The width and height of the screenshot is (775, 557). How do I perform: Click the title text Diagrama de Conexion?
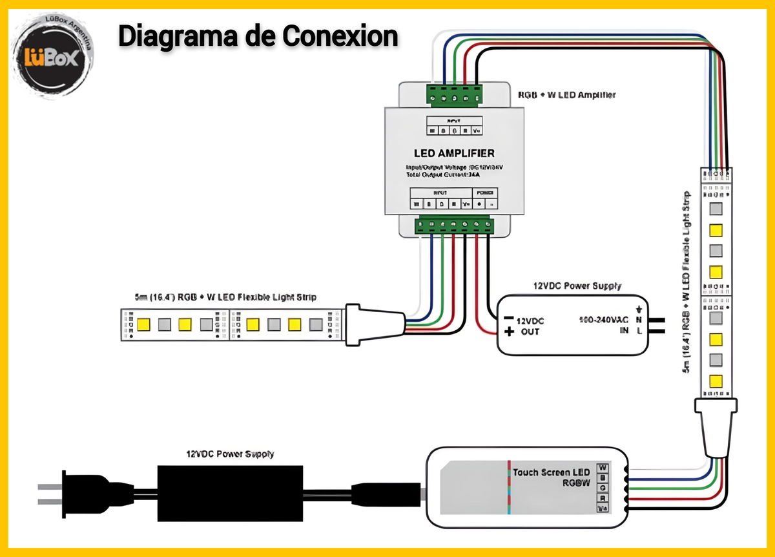(x=258, y=37)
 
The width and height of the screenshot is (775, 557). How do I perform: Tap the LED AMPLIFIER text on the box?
(x=454, y=153)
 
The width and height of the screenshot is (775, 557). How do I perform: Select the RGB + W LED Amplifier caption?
(x=566, y=95)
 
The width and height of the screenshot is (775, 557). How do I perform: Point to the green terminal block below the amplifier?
(x=454, y=225)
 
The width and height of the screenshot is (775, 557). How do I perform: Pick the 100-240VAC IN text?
(x=604, y=325)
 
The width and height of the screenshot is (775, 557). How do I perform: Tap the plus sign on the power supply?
(x=509, y=332)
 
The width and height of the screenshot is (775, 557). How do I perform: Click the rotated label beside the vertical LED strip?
(x=687, y=282)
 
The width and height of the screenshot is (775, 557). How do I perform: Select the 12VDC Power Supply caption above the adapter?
(x=230, y=454)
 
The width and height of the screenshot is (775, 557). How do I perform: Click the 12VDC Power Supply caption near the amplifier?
(x=577, y=285)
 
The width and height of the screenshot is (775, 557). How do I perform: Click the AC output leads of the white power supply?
(x=656, y=325)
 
